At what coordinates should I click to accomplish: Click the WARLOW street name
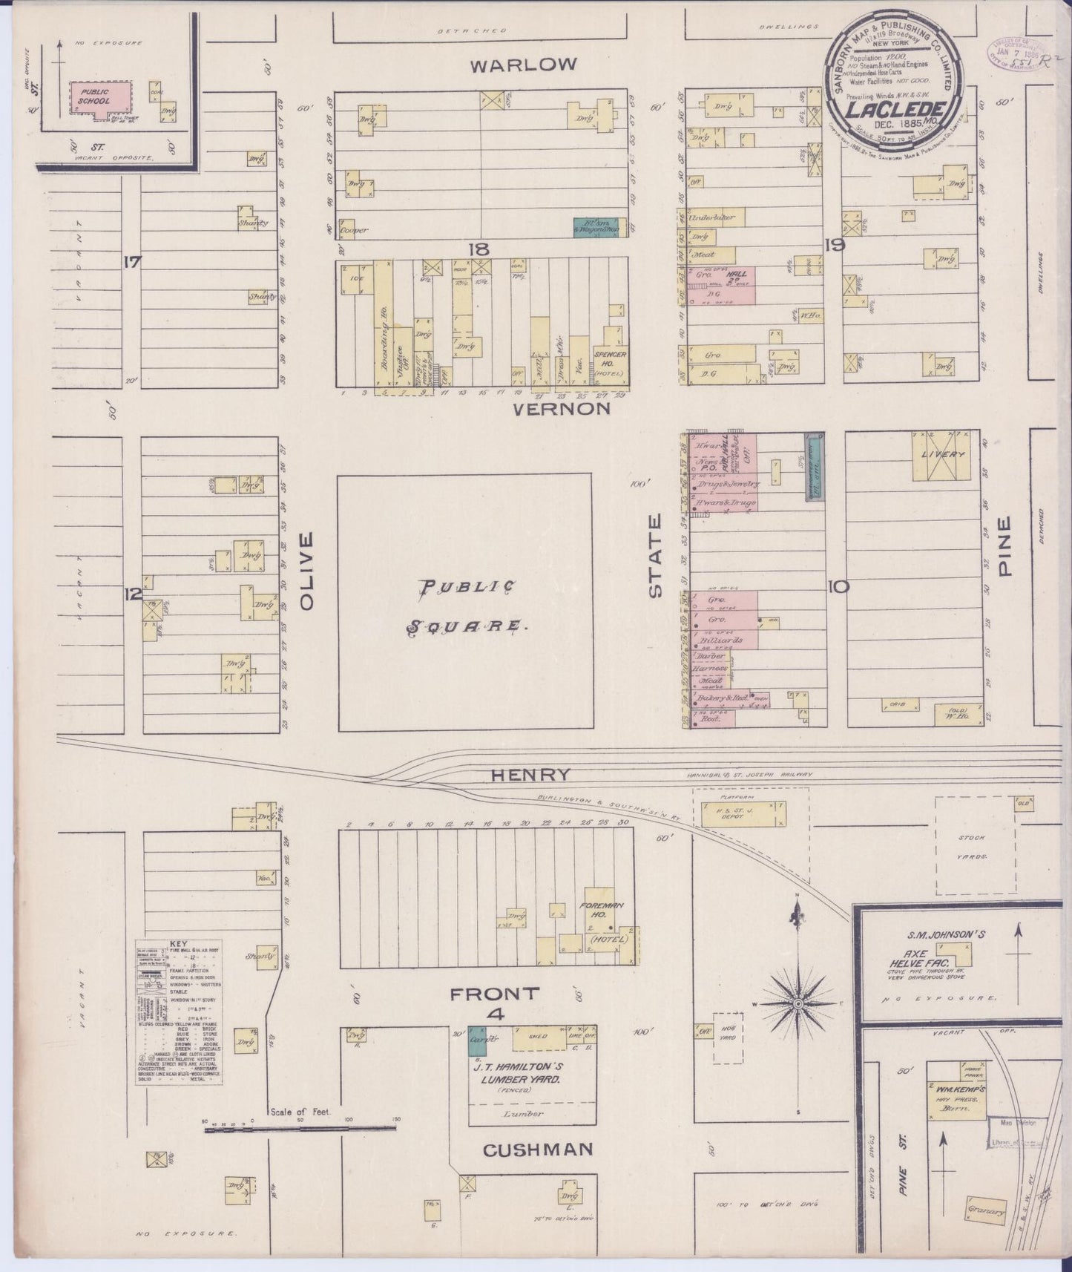[523, 65]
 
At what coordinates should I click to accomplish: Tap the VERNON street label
[561, 408]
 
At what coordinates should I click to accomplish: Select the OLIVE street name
[306, 571]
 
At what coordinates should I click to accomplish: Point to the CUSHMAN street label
[538, 1150]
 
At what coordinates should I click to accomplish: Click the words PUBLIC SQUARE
[466, 607]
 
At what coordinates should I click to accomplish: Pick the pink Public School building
[96, 97]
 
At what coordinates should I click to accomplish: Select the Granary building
[987, 1214]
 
